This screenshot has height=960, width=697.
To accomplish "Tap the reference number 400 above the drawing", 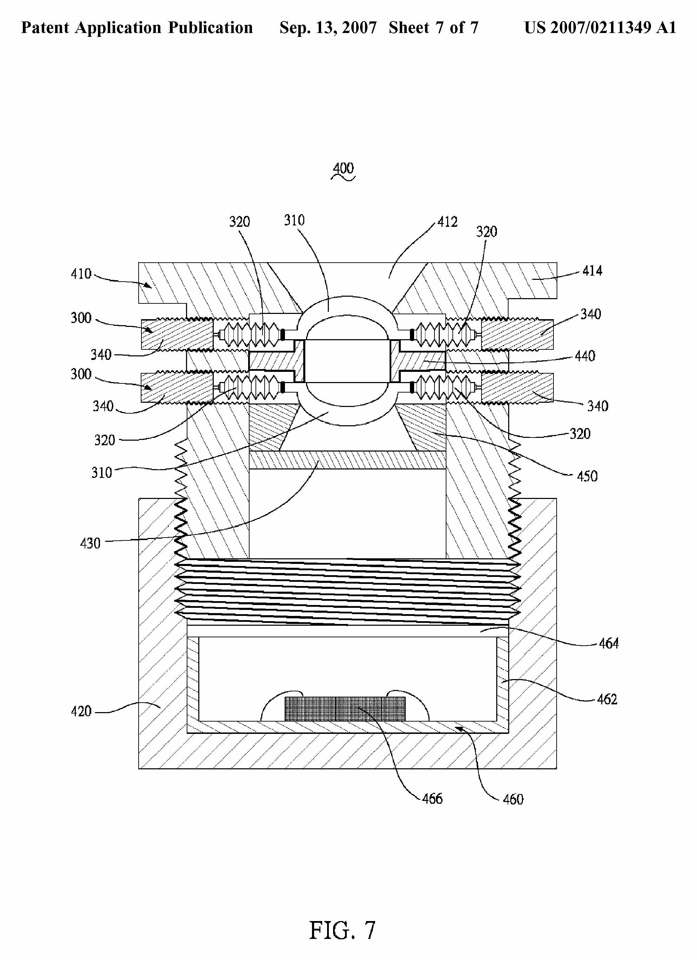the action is [x=343, y=168].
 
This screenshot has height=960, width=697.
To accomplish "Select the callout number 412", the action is [x=447, y=222].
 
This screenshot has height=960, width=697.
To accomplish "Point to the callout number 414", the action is [x=592, y=270].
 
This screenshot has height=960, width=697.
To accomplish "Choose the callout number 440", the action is [x=585, y=356].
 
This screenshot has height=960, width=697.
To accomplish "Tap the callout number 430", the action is [x=90, y=543].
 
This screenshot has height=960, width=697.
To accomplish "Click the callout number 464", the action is [x=609, y=643].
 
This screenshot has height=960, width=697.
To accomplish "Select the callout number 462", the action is [x=607, y=699].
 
